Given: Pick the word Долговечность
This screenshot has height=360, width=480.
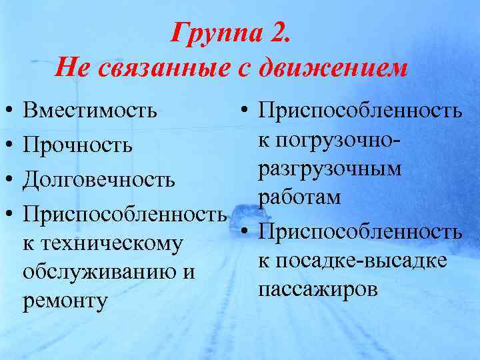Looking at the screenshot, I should [99, 180].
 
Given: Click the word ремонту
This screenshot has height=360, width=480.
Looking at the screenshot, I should [65, 301].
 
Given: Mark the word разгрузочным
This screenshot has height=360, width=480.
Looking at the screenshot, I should [330, 169].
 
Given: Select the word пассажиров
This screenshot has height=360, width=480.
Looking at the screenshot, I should [317, 289].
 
